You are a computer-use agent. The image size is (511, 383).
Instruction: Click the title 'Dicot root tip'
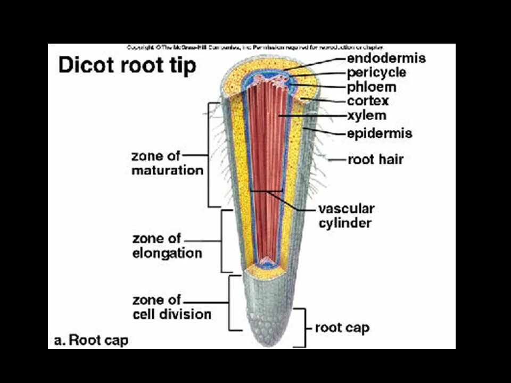(x=127, y=66)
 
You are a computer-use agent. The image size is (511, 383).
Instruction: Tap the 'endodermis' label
(x=386, y=57)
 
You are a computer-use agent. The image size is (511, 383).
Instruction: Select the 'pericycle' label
(x=376, y=72)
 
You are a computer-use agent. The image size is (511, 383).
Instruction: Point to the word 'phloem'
(x=372, y=87)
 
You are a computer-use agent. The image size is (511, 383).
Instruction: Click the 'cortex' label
(x=368, y=101)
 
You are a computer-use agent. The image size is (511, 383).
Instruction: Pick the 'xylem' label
(x=367, y=115)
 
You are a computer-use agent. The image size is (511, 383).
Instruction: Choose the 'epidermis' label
(x=380, y=133)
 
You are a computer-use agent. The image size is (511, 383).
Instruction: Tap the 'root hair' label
(x=375, y=159)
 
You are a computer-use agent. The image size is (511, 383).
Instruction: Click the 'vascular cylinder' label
(x=346, y=215)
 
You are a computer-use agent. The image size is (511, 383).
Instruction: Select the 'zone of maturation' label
(x=167, y=163)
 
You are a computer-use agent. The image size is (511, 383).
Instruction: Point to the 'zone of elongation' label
(x=167, y=245)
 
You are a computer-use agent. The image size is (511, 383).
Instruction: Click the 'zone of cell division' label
(x=171, y=307)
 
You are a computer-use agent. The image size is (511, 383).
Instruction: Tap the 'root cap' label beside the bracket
(x=342, y=327)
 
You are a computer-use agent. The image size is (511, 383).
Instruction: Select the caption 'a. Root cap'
(x=91, y=340)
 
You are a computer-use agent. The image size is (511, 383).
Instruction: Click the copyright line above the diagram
(x=254, y=47)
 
